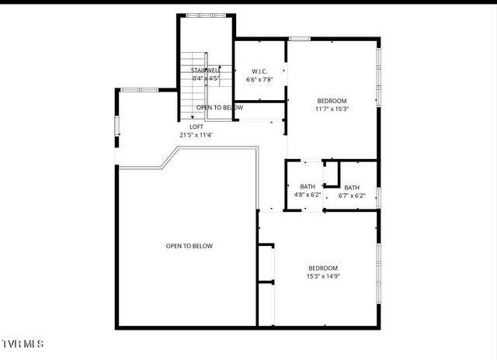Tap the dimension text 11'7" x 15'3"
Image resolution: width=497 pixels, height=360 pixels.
click(332, 109)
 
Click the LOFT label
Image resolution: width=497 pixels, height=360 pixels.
click(196, 126)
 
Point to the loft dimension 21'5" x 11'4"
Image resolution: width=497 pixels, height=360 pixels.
click(196, 135)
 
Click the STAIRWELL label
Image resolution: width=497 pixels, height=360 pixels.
click(206, 71)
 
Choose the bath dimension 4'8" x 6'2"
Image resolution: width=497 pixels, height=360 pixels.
click(308, 195)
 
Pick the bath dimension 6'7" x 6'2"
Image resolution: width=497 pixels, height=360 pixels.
click(352, 196)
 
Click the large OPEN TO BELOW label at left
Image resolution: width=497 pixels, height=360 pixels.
click(189, 246)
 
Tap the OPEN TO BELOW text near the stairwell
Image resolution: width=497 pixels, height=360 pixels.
click(220, 108)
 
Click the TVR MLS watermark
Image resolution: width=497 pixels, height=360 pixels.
click(23, 343)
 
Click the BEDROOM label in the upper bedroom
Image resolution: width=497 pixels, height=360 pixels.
click(332, 101)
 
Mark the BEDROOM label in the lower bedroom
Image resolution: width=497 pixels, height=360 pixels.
click(324, 268)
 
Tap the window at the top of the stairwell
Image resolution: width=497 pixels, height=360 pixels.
click(205, 16)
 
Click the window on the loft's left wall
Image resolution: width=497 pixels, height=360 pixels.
click(117, 125)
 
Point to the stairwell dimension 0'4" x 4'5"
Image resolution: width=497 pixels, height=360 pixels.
click(206, 78)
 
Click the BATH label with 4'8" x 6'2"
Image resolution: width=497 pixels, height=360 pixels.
click(308, 186)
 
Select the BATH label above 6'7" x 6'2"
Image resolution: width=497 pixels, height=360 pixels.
click(352, 187)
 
